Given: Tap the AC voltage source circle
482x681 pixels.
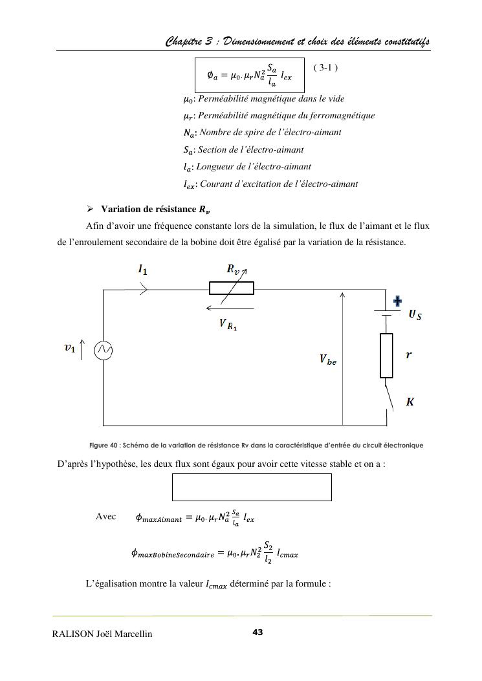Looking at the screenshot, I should pos(104,351).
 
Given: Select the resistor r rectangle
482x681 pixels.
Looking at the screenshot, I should pos(386,355).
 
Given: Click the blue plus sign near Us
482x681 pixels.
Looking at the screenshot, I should pos(398,301).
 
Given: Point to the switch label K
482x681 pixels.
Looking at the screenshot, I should pos(410,402).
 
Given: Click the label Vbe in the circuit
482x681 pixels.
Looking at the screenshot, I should pos(327,360).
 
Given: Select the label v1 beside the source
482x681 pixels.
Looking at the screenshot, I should pos(69,348).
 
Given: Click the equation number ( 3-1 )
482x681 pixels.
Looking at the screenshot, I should pos(325,67).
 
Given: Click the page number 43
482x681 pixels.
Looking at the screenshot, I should pos(257,632).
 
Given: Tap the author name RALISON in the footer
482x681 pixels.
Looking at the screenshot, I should pos(76,634).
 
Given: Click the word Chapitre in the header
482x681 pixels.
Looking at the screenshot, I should pos(184,42).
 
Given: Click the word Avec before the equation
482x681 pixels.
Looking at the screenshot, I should pos(105,516).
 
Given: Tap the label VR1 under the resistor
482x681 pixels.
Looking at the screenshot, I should pos(228,325).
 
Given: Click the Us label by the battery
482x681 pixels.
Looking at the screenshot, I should pos(415,315).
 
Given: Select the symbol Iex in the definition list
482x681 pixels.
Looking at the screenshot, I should pos(190,184).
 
